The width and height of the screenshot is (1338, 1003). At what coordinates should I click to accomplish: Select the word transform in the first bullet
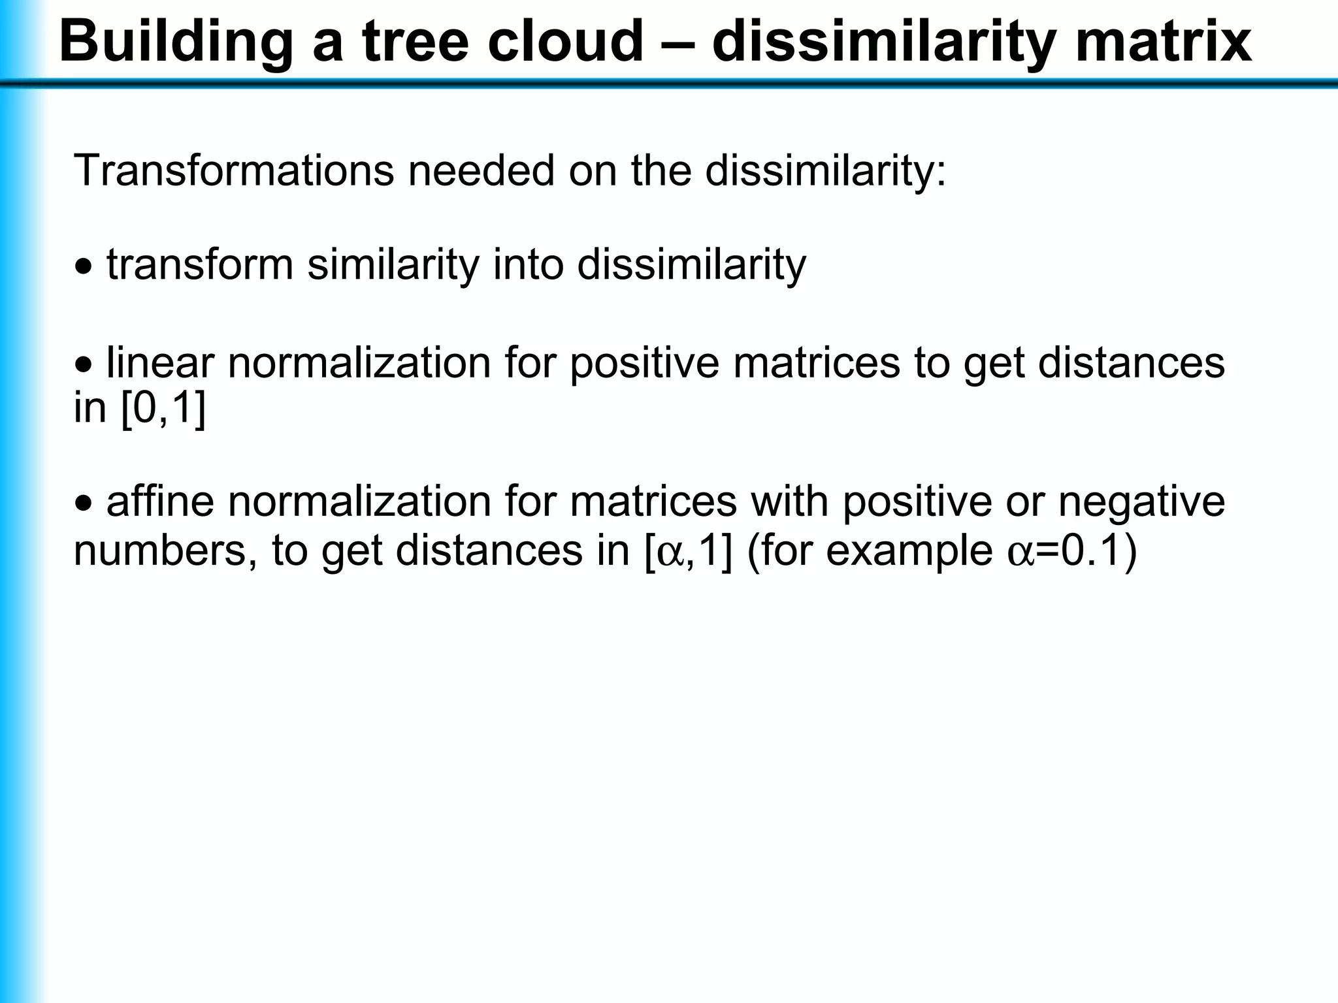click(200, 265)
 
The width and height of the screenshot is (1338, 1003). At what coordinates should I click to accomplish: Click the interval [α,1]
click(689, 551)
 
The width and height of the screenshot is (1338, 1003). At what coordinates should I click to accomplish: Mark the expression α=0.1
click(1071, 551)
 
